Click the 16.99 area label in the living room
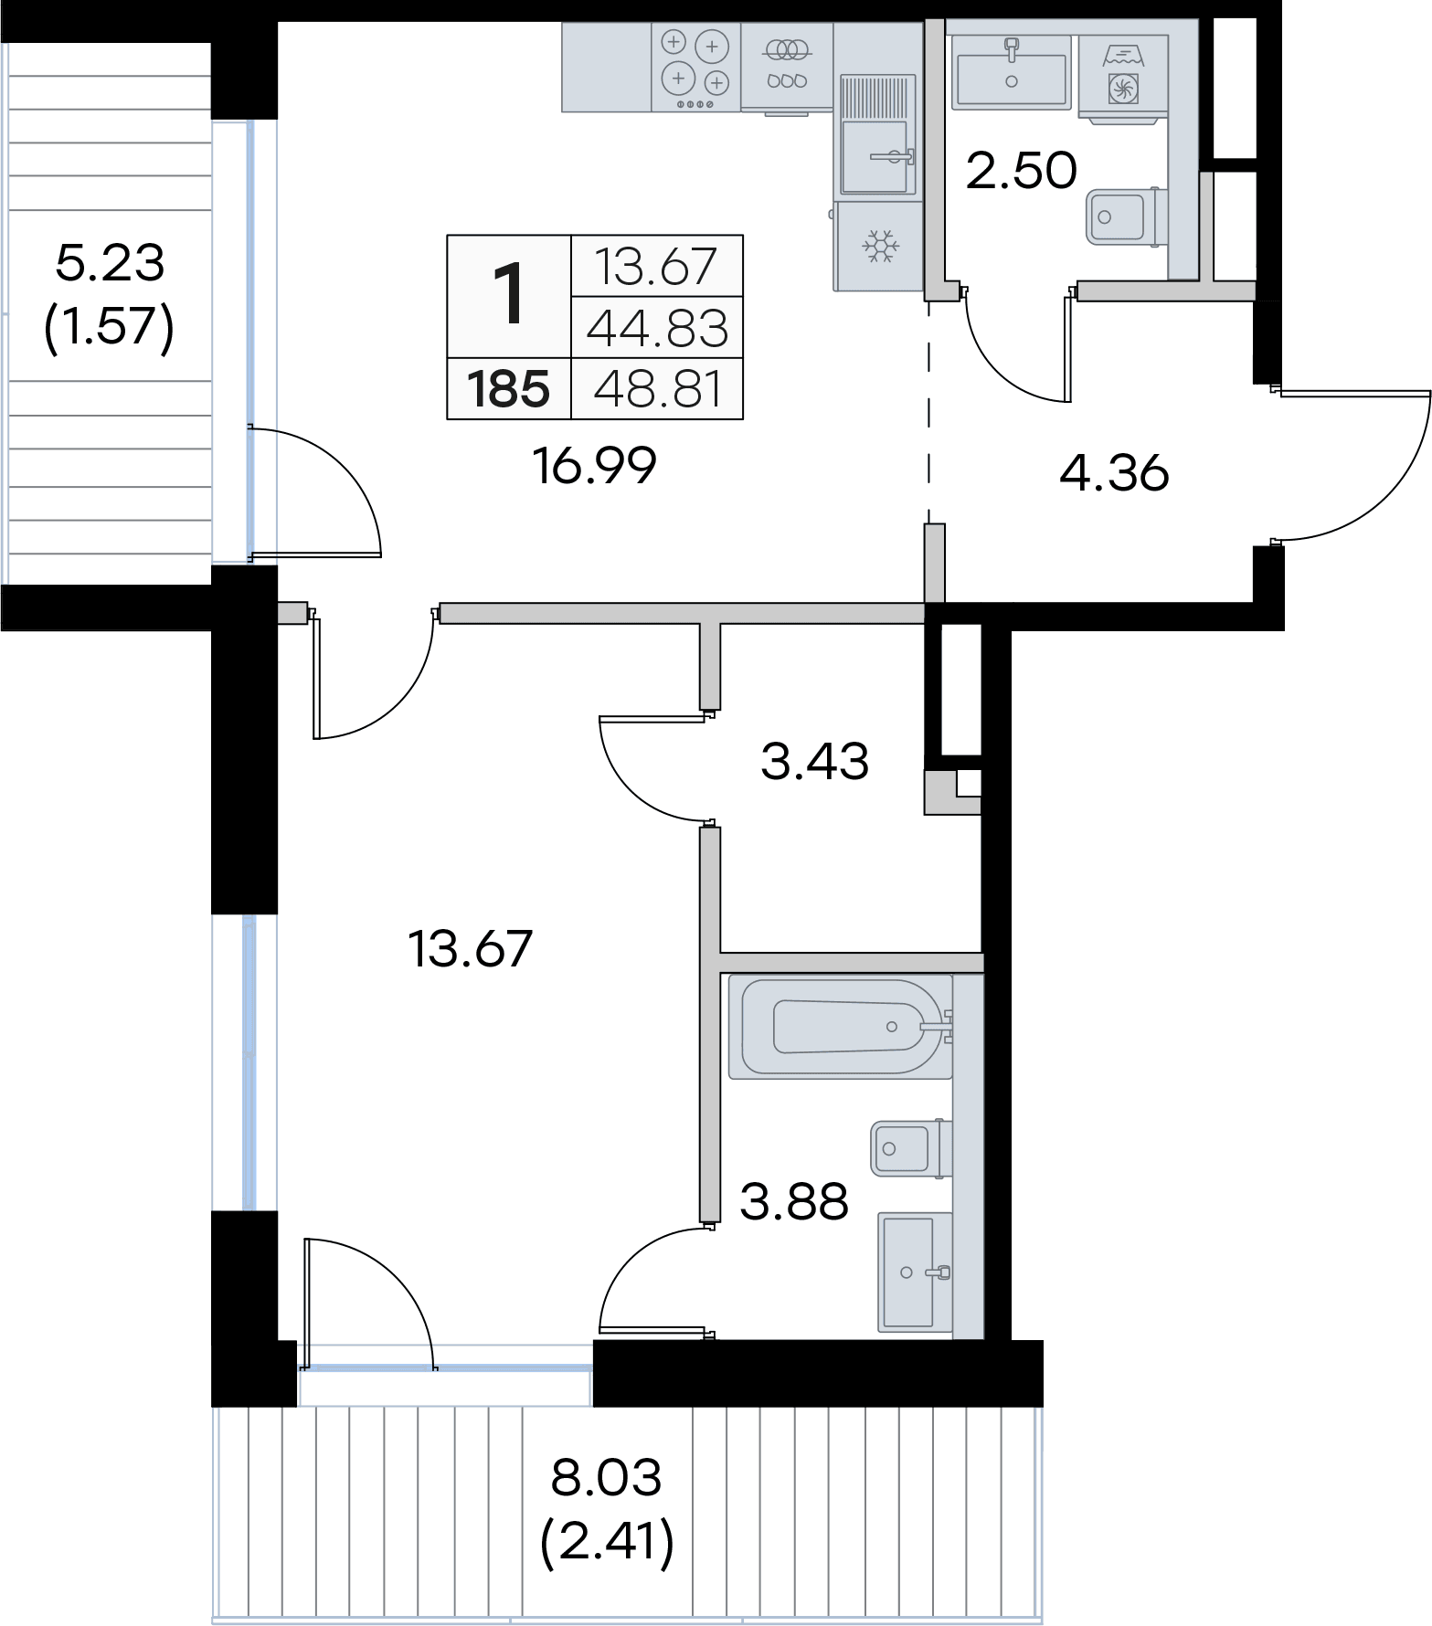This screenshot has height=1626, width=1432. (594, 466)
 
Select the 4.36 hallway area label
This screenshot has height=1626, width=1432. (1114, 473)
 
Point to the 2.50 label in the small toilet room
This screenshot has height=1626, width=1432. (1021, 170)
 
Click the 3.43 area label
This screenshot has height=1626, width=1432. (814, 761)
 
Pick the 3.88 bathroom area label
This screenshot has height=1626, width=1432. (794, 1202)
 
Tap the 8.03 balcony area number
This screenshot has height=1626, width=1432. (606, 1477)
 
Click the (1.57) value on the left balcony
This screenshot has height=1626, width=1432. (109, 326)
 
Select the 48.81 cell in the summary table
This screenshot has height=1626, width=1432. (657, 389)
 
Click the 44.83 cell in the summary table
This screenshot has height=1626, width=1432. (657, 328)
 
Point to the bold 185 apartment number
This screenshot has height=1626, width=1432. (508, 389)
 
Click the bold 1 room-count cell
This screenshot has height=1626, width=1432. (508, 293)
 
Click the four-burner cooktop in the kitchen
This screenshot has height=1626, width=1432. (696, 67)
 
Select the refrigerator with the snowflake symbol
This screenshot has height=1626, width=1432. (878, 246)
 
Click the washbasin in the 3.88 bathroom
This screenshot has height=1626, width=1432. (915, 1272)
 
